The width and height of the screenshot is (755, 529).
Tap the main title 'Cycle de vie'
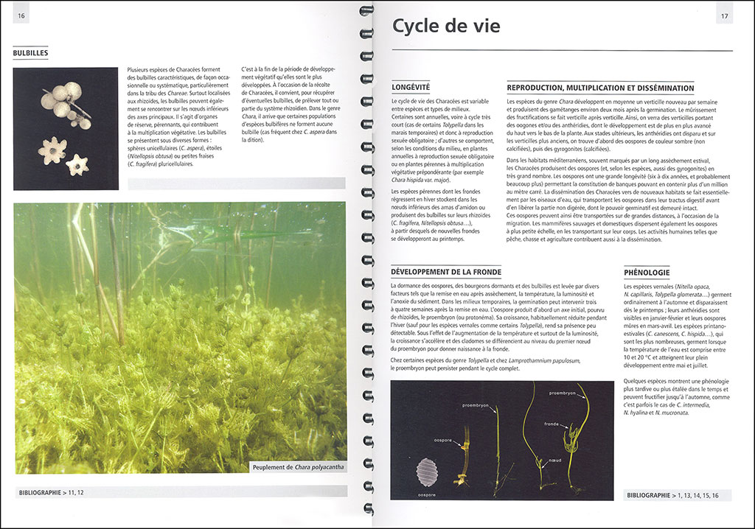click(446, 27)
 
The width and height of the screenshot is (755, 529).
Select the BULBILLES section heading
click(31, 53)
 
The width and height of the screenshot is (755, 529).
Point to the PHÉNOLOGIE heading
click(647, 273)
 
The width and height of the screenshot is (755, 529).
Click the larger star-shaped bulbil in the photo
click(52, 150)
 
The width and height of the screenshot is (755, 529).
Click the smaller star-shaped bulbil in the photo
click(77, 165)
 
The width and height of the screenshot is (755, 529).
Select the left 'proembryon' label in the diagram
click(477, 405)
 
